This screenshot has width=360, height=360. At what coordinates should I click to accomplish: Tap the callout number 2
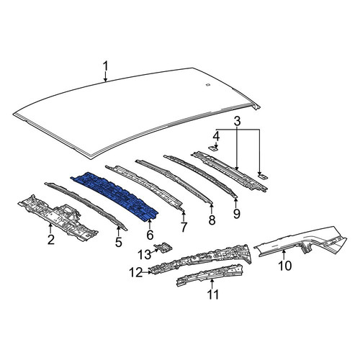pos(51,239)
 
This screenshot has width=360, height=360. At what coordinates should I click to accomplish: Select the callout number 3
pos(237,121)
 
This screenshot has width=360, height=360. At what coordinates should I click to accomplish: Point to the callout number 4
pos(216,137)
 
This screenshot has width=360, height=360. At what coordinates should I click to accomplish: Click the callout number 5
pos(119,242)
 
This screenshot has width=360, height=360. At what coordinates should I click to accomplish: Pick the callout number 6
pos(150,235)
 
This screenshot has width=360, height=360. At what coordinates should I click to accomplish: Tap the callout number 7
pos(184,227)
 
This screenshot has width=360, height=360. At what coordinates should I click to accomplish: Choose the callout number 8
pos(212,220)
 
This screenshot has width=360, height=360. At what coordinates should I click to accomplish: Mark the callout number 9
pos(236,213)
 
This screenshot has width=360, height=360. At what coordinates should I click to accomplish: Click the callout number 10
pos(285,266)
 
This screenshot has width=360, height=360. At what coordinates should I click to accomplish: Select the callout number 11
pos(213,294)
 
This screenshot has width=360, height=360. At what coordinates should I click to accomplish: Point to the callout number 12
pos(136,273)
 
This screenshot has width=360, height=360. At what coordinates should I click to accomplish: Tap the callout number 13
pos(145,254)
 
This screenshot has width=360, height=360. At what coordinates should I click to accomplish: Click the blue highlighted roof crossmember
pos(114,195)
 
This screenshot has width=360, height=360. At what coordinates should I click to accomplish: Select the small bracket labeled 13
pos(164,247)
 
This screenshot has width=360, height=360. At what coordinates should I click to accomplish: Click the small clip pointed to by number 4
pos(213,148)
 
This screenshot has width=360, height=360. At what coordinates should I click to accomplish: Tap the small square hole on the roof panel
pos(208,84)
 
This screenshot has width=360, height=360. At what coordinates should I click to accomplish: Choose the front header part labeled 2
pos(58,217)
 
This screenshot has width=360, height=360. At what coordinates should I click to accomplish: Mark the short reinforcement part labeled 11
pos(210,275)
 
